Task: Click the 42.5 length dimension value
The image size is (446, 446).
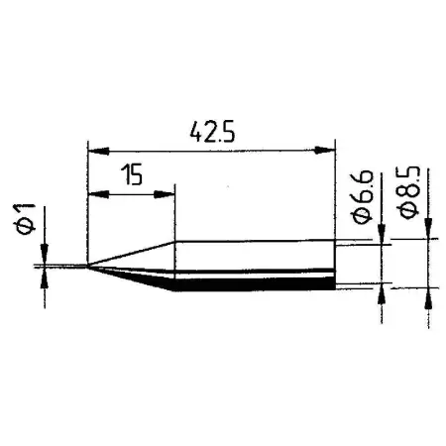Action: pos(209,129)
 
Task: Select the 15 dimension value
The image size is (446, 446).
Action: pos(131,175)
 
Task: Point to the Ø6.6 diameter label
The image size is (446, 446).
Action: pos(364,201)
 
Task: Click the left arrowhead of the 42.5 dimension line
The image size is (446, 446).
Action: pos(95,151)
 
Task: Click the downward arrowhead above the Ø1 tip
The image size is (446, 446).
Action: pos(43,257)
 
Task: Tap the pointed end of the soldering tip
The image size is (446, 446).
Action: pos(88,266)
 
